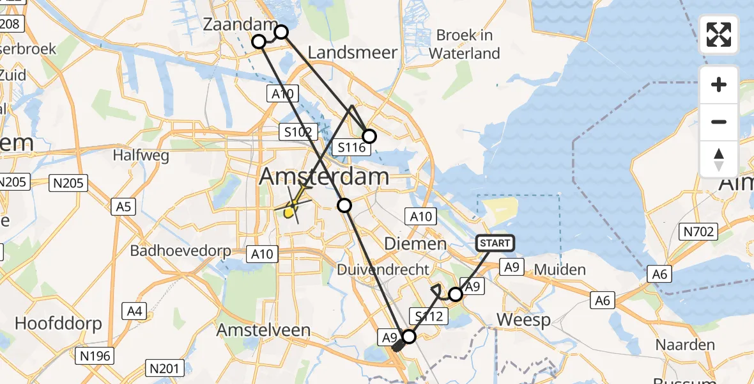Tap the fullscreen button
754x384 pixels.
tap(719, 35)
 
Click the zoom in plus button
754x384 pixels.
tap(719, 84)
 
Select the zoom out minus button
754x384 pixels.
tap(719, 122)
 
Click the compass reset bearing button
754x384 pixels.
tap(719, 159)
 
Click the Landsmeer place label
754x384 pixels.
tap(353, 52)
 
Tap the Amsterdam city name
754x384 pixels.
tap(324, 177)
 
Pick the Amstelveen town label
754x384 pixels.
tap(263, 330)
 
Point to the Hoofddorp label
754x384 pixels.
tap(58, 323)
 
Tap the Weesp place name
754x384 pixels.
tap(523, 320)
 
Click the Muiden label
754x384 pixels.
tap(560, 269)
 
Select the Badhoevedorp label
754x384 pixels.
tap(181, 250)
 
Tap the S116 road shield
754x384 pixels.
tap(351, 148)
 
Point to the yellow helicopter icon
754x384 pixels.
tap(291, 209)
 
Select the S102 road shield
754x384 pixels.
tap(298, 132)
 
